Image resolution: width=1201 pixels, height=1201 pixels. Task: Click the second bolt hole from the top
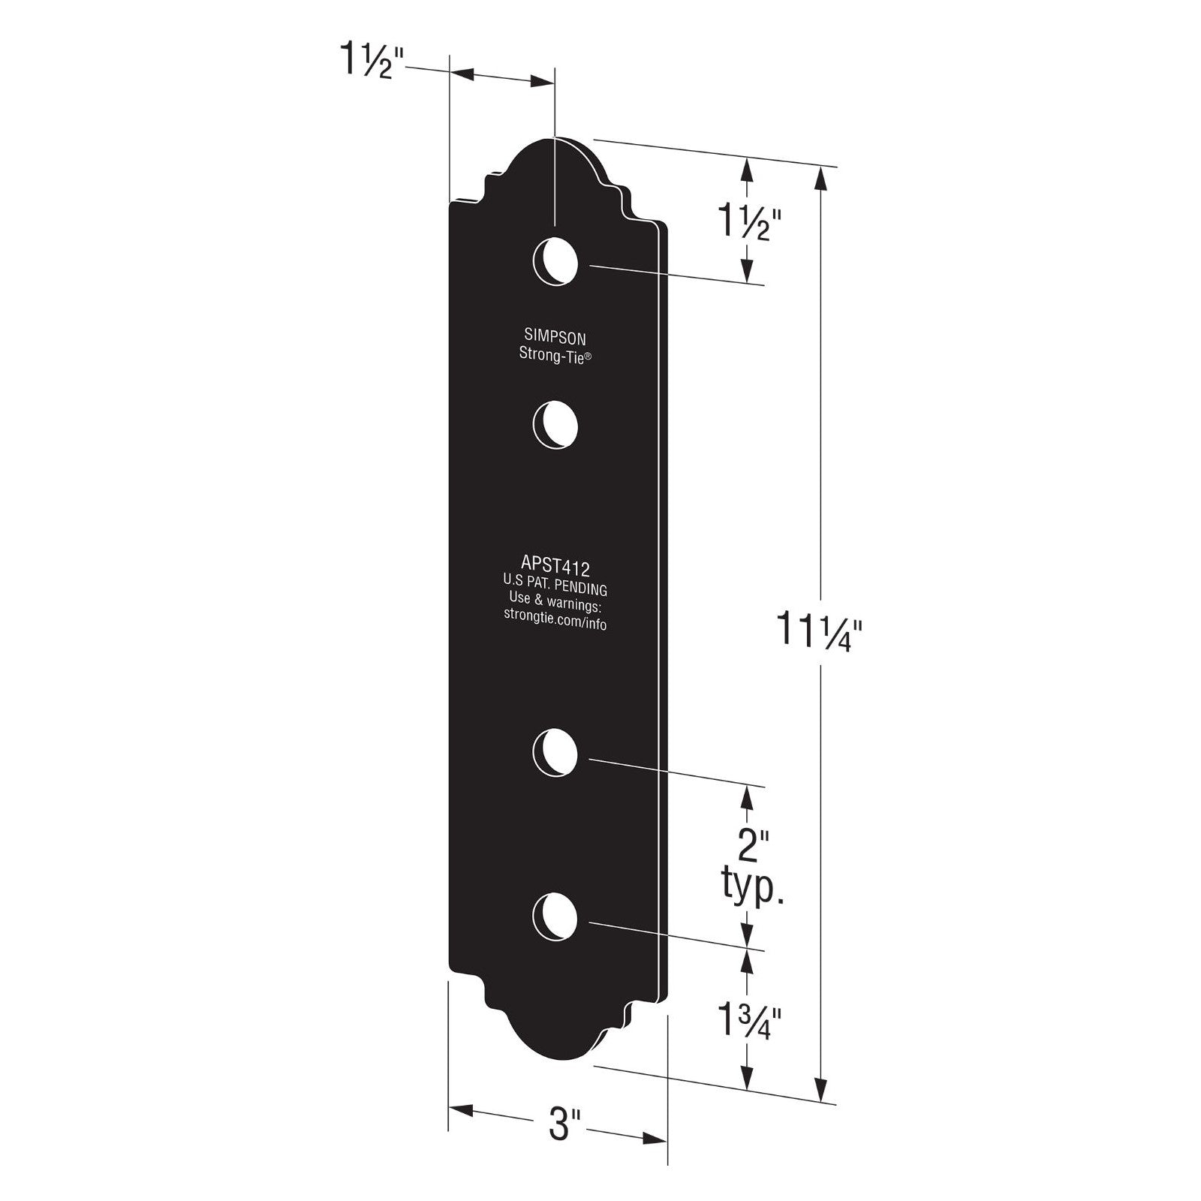click(555, 426)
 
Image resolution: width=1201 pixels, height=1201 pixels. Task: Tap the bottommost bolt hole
click(555, 917)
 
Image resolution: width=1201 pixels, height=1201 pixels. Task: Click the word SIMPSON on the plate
click(555, 339)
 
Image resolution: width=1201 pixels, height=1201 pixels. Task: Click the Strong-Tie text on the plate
click(555, 355)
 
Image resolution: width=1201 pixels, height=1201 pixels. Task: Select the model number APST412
click(555, 563)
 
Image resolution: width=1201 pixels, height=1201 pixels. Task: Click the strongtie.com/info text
click(555, 622)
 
